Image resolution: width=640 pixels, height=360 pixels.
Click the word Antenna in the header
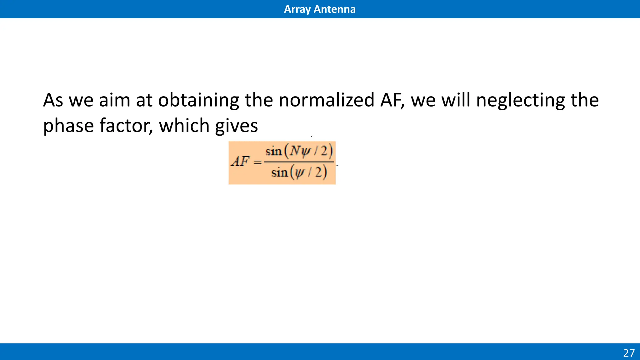(x=334, y=9)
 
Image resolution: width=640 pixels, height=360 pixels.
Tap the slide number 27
(x=629, y=353)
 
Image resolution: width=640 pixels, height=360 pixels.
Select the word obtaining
(x=198, y=100)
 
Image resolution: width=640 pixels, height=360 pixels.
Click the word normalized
(x=326, y=100)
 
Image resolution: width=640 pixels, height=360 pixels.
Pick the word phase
(x=68, y=126)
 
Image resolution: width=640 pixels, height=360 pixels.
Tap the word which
(x=184, y=126)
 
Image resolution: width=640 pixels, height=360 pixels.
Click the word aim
(x=114, y=100)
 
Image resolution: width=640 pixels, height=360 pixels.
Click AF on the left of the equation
(x=240, y=162)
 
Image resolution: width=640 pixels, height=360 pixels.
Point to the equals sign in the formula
(x=257, y=162)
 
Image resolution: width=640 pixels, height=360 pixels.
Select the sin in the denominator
(x=279, y=172)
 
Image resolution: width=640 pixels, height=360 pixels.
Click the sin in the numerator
(x=273, y=152)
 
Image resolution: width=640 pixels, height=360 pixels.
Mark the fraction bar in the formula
(x=299, y=162)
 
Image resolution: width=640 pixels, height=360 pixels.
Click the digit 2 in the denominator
(x=318, y=172)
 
